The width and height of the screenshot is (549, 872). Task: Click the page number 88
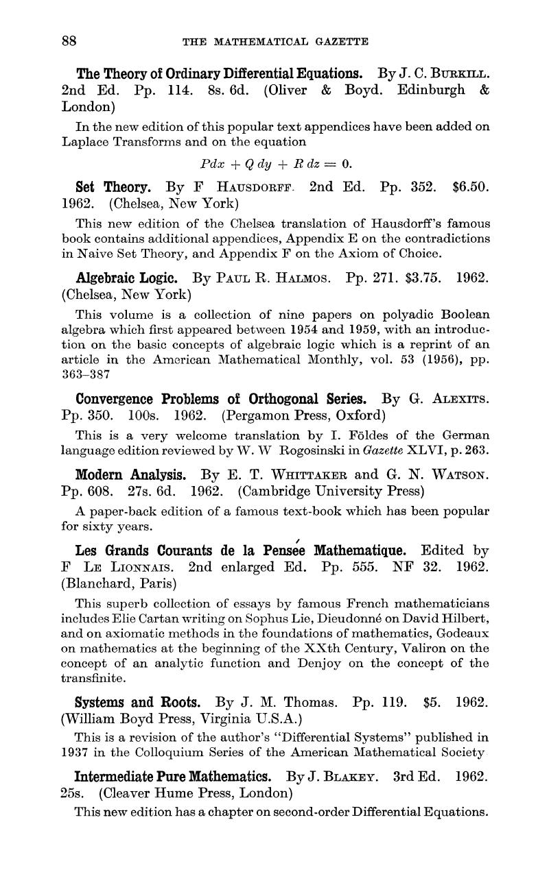point(69,41)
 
